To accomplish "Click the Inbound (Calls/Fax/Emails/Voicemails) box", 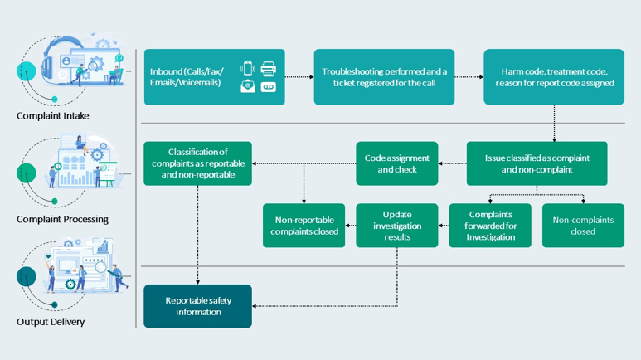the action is click(x=215, y=77).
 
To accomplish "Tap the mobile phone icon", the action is click(x=248, y=68).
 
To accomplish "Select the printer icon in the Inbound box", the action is click(x=268, y=69).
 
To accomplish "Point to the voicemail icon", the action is click(x=268, y=87).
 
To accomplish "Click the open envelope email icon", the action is click(x=248, y=86).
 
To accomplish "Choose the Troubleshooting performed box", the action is click(x=384, y=77).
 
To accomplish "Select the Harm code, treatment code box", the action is click(x=554, y=77).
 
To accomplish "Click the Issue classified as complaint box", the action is click(x=537, y=163).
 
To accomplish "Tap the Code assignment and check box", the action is click(x=397, y=163).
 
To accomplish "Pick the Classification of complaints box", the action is click(x=198, y=163).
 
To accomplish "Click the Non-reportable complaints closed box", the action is click(x=304, y=226).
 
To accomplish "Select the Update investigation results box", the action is click(x=397, y=226).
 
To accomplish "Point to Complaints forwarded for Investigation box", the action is click(x=490, y=226).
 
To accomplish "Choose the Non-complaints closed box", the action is click(x=583, y=226).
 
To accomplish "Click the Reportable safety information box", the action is click(x=198, y=306).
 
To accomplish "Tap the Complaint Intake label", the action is click(x=53, y=116).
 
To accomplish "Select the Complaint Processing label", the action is click(x=62, y=219).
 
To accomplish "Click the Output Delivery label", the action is click(x=51, y=322).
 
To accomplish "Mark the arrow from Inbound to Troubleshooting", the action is click(x=299, y=77).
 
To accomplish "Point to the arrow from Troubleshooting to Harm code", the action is click(x=469, y=77).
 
